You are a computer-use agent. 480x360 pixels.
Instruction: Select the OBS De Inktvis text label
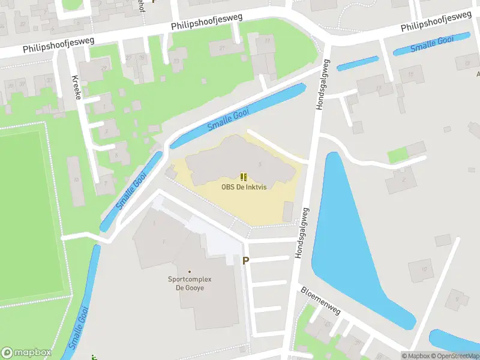click(243, 187)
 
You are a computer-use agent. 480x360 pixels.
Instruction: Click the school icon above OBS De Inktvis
click(243, 176)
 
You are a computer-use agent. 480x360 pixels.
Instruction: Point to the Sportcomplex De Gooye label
click(190, 284)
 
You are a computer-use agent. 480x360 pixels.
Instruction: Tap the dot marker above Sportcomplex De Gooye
click(190, 272)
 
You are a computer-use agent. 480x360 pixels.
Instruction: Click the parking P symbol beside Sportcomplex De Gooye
click(245, 260)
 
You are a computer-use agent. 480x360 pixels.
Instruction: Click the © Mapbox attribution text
click(415, 356)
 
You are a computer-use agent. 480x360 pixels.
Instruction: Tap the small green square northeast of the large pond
click(397, 155)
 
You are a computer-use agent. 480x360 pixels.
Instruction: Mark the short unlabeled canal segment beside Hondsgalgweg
click(358, 64)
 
